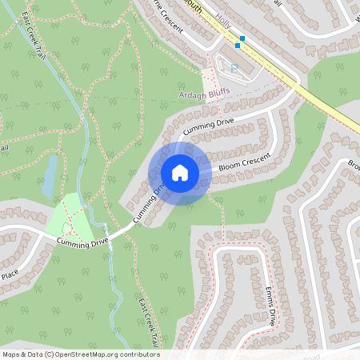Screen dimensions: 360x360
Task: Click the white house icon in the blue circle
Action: pos(180,173)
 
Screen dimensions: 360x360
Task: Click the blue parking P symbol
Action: pos(234,69)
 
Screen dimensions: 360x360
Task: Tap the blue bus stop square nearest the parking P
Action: pos(238,46)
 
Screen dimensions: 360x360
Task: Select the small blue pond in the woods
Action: pos(50,175)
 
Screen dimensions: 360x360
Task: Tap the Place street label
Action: pos(10,274)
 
